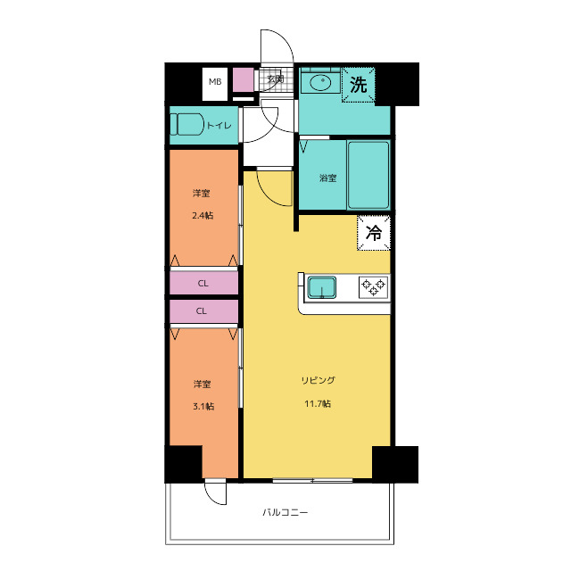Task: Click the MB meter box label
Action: click(215, 81)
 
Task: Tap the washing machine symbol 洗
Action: click(359, 85)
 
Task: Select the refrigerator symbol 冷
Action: click(374, 233)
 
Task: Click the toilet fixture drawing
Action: click(186, 124)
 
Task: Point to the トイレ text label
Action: click(219, 126)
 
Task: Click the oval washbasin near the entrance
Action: click(320, 82)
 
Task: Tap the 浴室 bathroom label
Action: click(327, 178)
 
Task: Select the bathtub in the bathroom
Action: click(368, 175)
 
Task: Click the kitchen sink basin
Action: click(322, 287)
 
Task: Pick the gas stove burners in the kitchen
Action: click(373, 287)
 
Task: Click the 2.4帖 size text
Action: click(203, 216)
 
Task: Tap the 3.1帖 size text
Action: click(203, 406)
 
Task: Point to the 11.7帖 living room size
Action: click(318, 404)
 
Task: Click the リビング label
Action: click(318, 381)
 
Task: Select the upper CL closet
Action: click(204, 283)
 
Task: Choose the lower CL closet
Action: click(204, 311)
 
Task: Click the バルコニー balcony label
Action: click(285, 513)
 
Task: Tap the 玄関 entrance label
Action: click(276, 79)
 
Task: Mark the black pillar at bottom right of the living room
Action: click(395, 464)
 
